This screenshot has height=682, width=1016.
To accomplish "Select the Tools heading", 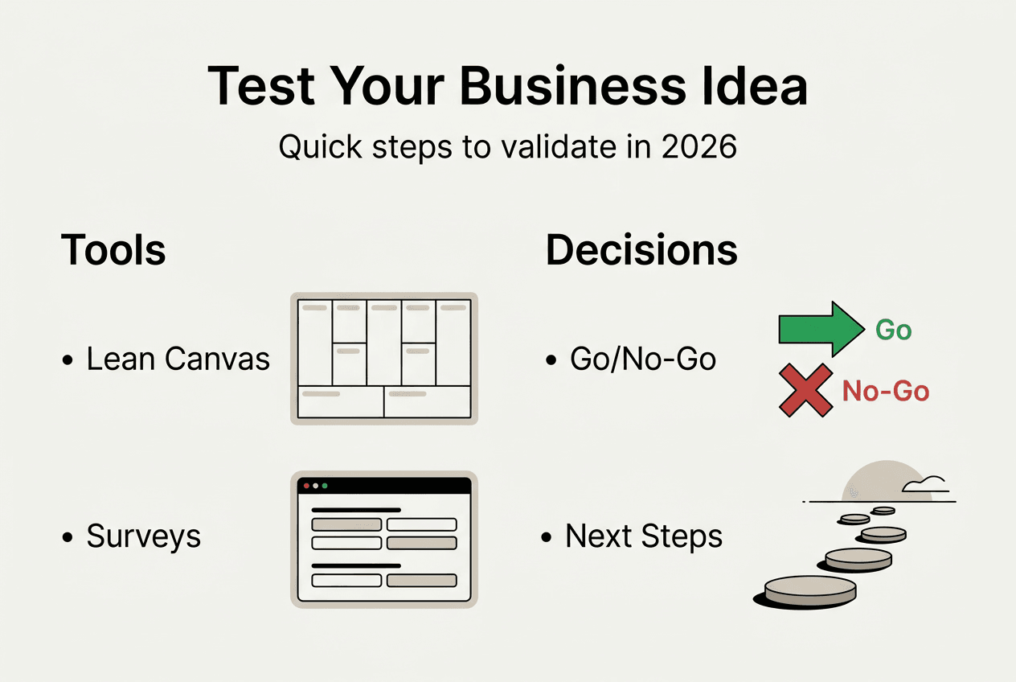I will pos(113,251).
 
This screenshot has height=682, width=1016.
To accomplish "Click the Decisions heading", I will pos(641,251).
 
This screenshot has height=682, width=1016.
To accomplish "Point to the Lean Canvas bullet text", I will pos(178,359).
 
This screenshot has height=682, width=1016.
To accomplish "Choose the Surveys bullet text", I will pos(143,536).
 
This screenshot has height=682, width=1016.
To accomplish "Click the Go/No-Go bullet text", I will pos(642,359).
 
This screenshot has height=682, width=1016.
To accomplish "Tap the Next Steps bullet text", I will pos(644,536).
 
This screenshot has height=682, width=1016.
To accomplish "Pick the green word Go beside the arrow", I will pos(893,330).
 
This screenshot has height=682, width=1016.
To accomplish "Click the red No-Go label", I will pos(885,392).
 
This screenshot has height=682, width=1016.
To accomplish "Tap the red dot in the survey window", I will pos(306,487).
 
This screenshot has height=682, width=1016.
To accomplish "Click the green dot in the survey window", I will pos(325,487).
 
